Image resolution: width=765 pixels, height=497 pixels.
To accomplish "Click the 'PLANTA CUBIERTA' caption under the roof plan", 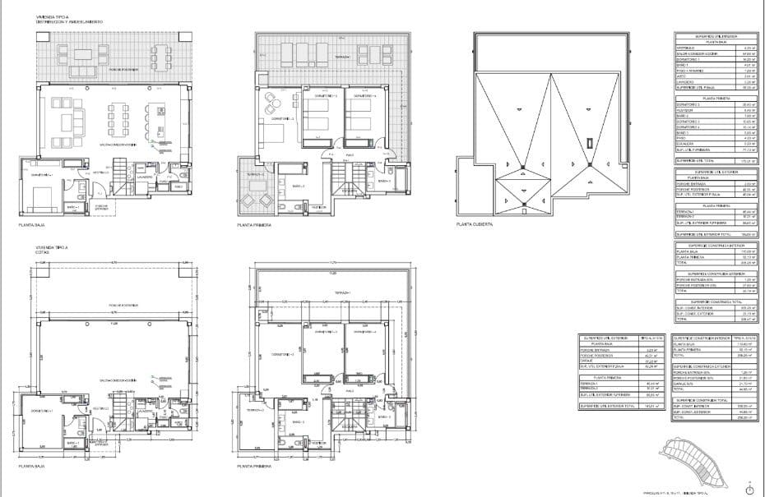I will coord(474,223).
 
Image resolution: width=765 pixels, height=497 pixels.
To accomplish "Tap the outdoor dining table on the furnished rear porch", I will coord(85,57).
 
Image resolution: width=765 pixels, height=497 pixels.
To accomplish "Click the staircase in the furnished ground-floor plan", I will coord(120,174).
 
